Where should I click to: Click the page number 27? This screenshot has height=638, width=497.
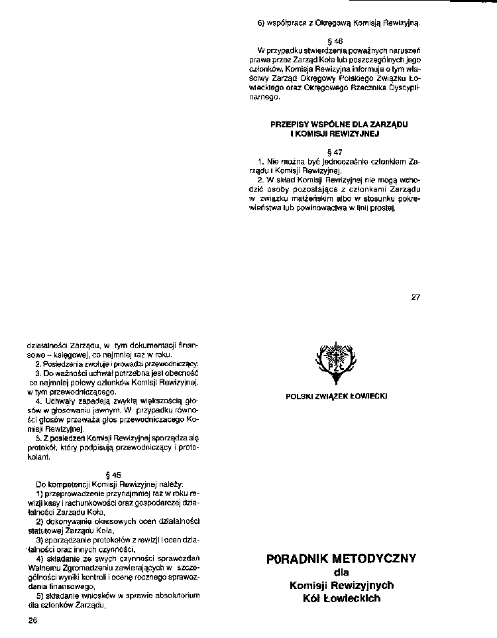click(415, 296)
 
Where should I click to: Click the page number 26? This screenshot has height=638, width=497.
click(34, 620)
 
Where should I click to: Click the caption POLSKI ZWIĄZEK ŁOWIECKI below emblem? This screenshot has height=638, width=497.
click(337, 396)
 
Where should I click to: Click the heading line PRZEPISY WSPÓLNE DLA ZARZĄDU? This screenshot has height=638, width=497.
click(339, 125)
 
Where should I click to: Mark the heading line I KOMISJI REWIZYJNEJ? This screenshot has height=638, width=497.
click(334, 133)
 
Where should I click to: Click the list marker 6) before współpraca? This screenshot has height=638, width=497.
click(261, 23)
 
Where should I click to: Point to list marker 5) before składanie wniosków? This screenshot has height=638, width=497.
click(40, 596)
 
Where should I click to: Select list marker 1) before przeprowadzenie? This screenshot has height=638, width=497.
click(40, 494)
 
